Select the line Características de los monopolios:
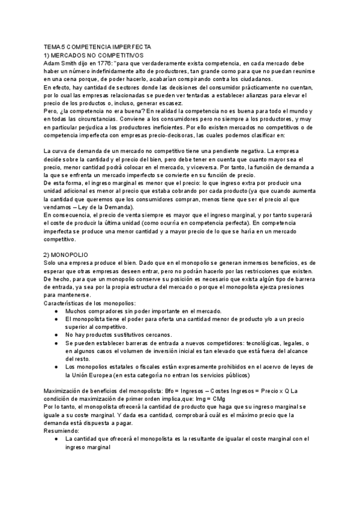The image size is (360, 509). click(x=90, y=303)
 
